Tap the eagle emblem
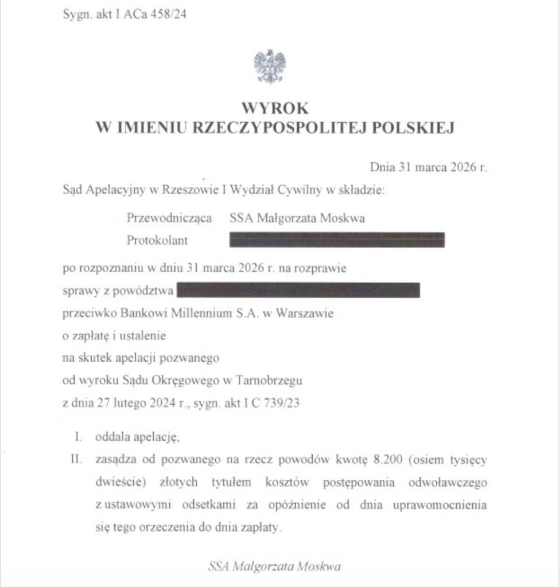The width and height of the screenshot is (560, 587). click(270, 66)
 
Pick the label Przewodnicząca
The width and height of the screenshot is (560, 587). click(169, 218)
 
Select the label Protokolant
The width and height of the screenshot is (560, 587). click(157, 241)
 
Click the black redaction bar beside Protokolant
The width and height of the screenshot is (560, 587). click(337, 240)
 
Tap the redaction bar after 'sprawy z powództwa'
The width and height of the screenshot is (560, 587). click(298, 290)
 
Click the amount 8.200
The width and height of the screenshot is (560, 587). click(400, 460)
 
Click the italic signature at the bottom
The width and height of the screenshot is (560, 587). click(274, 567)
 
